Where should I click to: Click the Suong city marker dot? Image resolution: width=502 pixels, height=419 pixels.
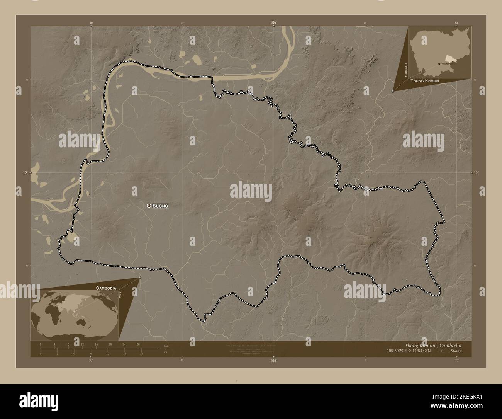(x=149, y=206)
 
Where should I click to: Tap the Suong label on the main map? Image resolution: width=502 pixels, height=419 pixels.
(x=160, y=206)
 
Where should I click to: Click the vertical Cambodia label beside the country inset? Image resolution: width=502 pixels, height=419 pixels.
(x=406, y=70)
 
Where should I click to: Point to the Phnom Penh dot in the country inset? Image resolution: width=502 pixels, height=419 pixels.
(x=439, y=64)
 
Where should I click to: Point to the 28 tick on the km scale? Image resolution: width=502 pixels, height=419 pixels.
(x=138, y=344)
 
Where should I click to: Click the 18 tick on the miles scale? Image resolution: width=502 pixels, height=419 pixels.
(x=142, y=353)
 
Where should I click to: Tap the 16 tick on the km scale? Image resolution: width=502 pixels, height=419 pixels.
(x=96, y=344)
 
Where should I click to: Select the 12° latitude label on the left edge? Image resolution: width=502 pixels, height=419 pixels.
(x=25, y=173)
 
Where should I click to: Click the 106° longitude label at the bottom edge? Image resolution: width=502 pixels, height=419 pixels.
(x=273, y=360)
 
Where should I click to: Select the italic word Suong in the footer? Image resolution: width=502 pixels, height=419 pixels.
(x=455, y=351)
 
